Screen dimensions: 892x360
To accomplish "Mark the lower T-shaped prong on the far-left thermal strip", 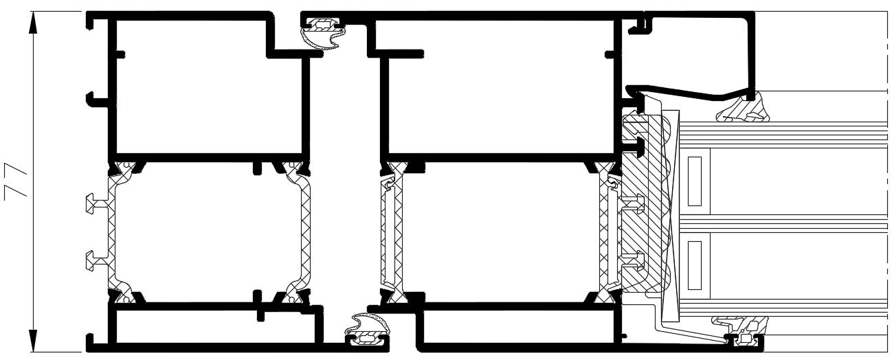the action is click(x=91, y=259).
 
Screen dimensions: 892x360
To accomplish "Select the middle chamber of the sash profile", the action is click(x=502, y=230).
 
